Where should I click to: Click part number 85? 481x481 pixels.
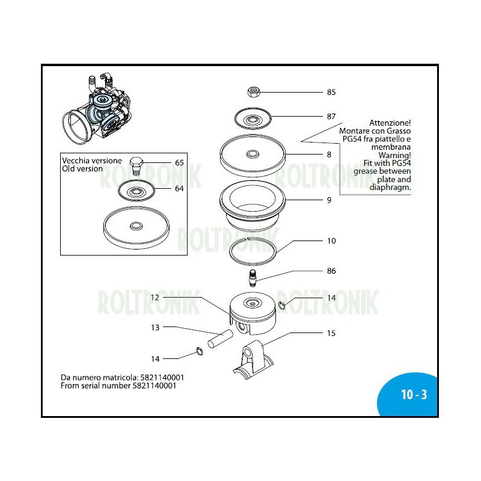point(331,93)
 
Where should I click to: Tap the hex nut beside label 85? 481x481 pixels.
point(253,91)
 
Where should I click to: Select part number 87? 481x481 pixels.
point(331,116)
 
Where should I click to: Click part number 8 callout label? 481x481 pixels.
point(329,155)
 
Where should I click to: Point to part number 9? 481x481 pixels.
point(329,200)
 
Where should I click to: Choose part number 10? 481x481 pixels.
point(331,241)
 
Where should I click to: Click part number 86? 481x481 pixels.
point(331,271)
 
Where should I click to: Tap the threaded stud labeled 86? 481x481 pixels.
point(252,280)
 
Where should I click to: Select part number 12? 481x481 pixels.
point(155,297)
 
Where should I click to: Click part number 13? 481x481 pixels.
point(155,328)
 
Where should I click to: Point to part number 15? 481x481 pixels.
point(331,332)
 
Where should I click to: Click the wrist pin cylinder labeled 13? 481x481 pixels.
point(220,337)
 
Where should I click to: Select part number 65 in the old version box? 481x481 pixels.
point(179,163)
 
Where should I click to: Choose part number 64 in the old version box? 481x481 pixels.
point(179,189)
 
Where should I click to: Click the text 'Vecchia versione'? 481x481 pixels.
point(92,161)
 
